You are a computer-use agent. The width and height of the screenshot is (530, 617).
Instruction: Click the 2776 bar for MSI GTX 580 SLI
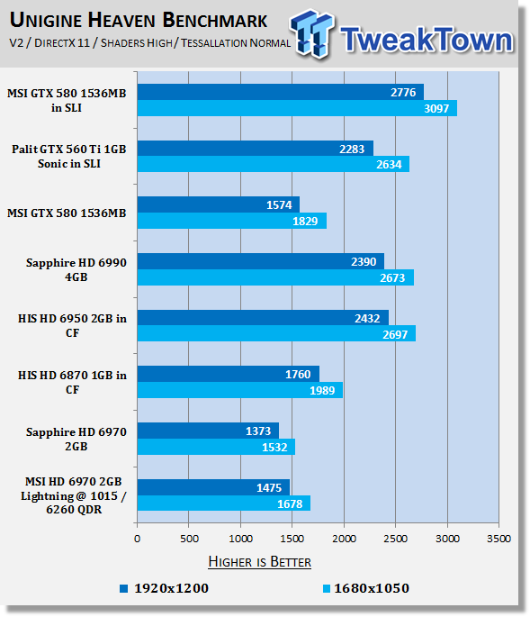coord(281,92)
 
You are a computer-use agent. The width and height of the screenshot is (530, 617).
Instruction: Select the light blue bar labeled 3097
coord(297,108)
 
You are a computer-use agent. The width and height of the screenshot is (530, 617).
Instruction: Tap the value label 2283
coord(352,150)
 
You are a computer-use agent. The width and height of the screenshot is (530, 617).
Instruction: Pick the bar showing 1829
coord(232,221)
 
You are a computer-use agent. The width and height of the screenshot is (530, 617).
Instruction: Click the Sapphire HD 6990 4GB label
coord(76,270)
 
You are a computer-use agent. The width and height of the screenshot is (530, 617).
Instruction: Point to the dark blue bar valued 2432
coord(263,318)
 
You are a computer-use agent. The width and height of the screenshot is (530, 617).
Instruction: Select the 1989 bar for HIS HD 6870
coord(240,390)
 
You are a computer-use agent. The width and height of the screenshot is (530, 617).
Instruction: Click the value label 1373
coord(258,431)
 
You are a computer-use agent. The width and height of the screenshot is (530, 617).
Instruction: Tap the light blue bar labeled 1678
coord(224,504)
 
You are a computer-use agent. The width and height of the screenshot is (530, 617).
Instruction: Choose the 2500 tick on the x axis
coord(396,539)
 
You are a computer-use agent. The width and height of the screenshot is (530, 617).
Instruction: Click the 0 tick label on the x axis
coord(137,539)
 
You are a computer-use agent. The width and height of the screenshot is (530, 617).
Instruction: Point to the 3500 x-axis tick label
coord(499,539)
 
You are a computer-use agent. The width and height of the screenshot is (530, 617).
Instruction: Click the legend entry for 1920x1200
coord(164,588)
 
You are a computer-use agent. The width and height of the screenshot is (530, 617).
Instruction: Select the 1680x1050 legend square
coord(327,589)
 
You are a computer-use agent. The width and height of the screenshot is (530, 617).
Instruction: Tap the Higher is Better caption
coord(259,561)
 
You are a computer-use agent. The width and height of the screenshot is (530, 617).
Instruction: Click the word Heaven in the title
coord(121,20)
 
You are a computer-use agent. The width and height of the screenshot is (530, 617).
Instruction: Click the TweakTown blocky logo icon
coord(311,33)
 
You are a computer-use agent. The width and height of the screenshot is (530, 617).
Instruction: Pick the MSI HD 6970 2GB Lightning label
coord(74,495)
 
